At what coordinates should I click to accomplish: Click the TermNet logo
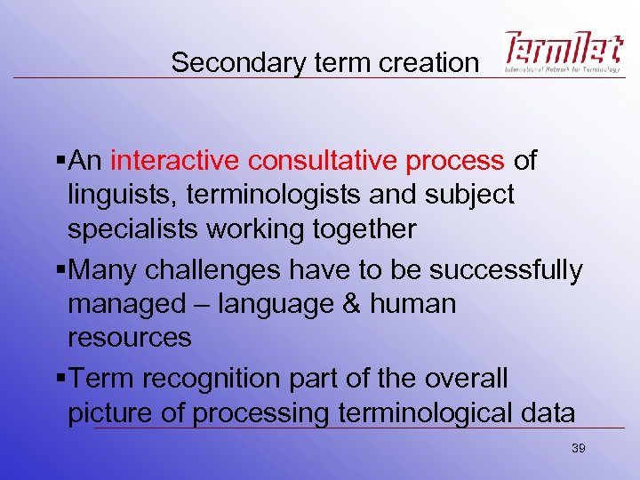coord(562,52)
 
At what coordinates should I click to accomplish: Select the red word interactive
coord(175,161)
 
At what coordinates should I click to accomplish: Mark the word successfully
coord(502,270)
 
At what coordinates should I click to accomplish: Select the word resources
coord(130,338)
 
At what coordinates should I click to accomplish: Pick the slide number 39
coord(578,449)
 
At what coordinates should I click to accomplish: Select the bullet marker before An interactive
coord(60,161)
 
